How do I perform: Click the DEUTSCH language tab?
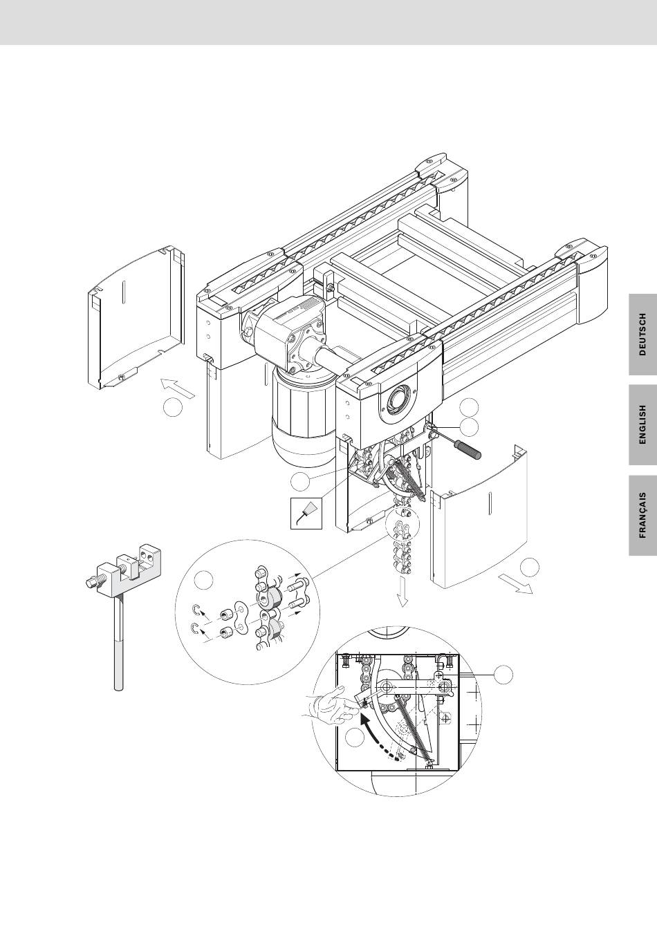pos(642,335)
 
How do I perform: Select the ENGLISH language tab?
pos(642,424)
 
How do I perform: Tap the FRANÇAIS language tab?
pos(642,515)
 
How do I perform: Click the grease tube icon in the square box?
pos(306,514)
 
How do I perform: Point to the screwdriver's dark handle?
pos(468,449)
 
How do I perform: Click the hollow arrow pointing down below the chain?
pos(402,590)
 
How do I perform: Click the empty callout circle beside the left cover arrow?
pos(173,408)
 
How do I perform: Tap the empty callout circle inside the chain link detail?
pos(204,580)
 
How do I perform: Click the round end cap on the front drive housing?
pos(398,400)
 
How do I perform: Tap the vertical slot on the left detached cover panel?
pos(123,294)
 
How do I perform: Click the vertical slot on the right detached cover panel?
pos(490,505)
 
